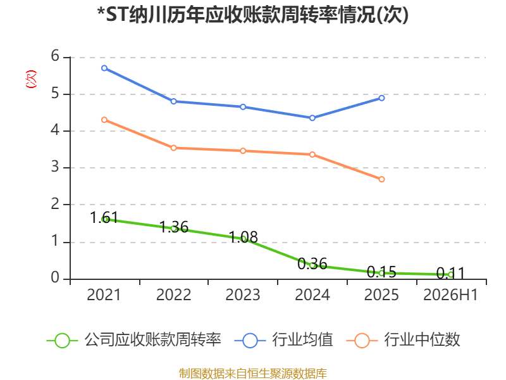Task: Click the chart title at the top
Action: (x=253, y=15)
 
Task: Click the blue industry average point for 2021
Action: (x=104, y=68)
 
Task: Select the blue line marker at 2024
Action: (x=312, y=118)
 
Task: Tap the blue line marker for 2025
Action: (x=381, y=98)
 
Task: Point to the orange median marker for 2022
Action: (x=173, y=148)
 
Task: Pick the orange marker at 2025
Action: (x=381, y=179)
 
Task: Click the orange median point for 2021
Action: (x=104, y=120)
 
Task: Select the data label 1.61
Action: (x=104, y=217)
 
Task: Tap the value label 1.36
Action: (x=173, y=227)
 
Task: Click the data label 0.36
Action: (x=312, y=264)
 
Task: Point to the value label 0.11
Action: (x=450, y=274)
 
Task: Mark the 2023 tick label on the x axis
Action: (x=243, y=294)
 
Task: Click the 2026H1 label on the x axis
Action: (x=450, y=294)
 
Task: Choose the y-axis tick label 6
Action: (x=55, y=56)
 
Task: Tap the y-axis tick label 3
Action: (x=55, y=167)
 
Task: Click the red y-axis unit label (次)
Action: (x=31, y=79)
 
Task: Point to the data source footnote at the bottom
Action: (x=253, y=374)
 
